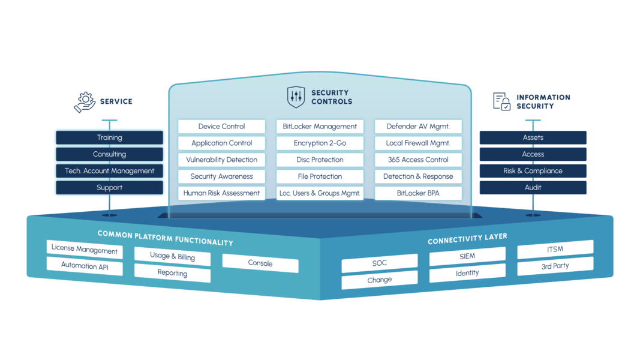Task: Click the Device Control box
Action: [x=221, y=127]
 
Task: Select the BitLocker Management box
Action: [x=320, y=127]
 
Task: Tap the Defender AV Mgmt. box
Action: [x=418, y=127]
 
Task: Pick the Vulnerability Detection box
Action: [x=221, y=160]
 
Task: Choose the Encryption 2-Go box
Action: [x=320, y=143]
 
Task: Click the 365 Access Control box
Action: [x=418, y=160]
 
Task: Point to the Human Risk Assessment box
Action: [x=221, y=193]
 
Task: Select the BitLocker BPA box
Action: [x=418, y=193]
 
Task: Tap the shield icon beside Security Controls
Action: [x=296, y=97]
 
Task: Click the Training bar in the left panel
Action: [x=109, y=137]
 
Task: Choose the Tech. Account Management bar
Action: [x=109, y=171]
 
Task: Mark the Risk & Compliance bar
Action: [x=533, y=171]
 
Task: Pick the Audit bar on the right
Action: [x=533, y=188]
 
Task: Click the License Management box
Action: [x=84, y=249]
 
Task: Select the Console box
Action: [x=260, y=263]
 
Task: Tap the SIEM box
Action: [x=467, y=257]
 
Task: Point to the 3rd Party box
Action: [x=555, y=265]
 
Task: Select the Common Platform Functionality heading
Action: [x=165, y=238]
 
